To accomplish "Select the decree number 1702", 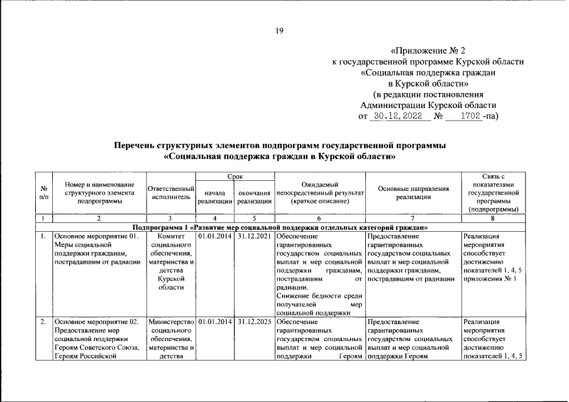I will [470, 116].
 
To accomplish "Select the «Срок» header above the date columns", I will [235, 178].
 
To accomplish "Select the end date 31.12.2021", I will [255, 237].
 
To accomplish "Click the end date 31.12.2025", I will [255, 323].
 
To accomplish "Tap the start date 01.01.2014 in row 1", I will [215, 237].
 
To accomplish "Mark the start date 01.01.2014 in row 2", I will [215, 323].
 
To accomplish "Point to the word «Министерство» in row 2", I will [170, 323].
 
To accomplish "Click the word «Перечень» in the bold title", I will [136, 146].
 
